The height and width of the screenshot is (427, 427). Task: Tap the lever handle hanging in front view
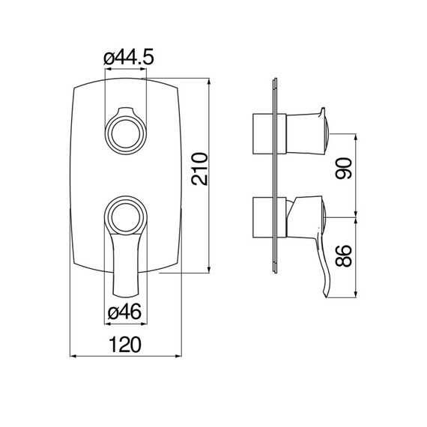point(125,266)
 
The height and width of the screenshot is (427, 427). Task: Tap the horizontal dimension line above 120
point(126,356)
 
